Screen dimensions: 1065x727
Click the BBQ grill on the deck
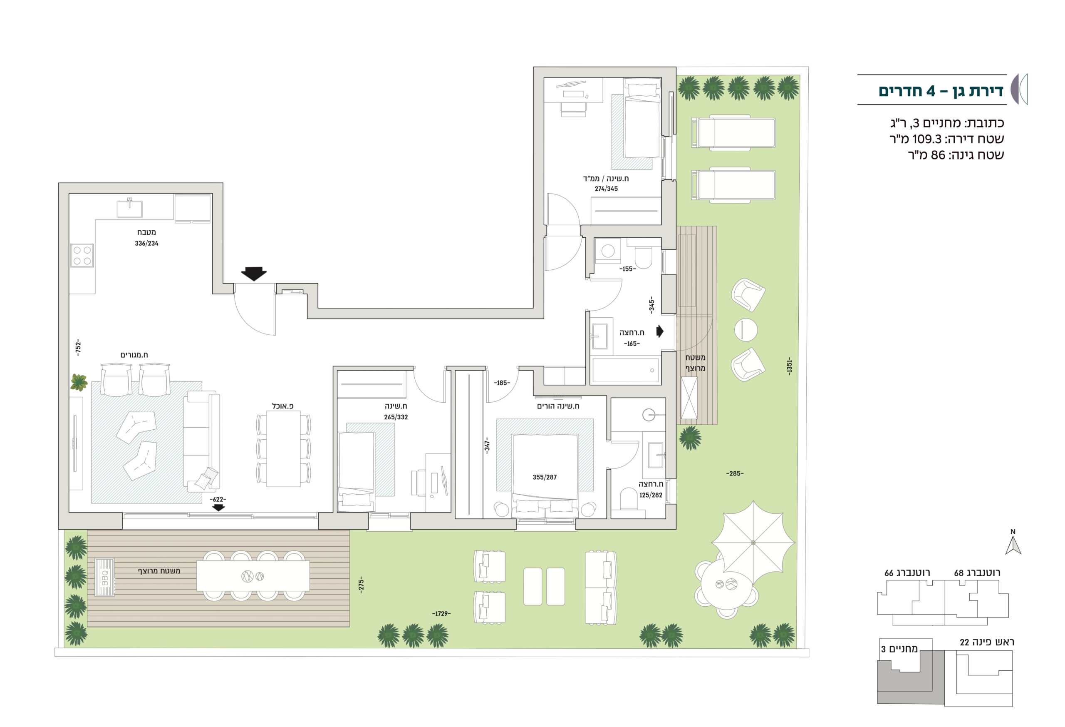[104, 577]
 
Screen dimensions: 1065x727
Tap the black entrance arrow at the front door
[254, 274]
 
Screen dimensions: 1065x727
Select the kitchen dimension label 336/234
[146, 243]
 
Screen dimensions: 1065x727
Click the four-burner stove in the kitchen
[82, 256]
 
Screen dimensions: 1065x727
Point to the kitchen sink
[130, 209]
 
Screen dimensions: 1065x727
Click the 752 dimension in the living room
[78, 347]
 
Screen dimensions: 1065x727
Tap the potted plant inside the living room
[79, 382]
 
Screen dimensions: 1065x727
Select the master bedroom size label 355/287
[545, 477]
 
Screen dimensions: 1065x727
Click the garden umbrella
[753, 543]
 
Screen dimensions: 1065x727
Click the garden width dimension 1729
[441, 614]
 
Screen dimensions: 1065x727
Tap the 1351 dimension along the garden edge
[789, 366]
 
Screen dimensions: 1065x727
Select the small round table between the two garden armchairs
[745, 330]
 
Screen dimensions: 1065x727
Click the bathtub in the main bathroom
[626, 370]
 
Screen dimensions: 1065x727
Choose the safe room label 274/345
[606, 189]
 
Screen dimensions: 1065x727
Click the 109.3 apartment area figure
[926, 139]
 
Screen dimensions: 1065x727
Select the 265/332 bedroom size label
[396, 417]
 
